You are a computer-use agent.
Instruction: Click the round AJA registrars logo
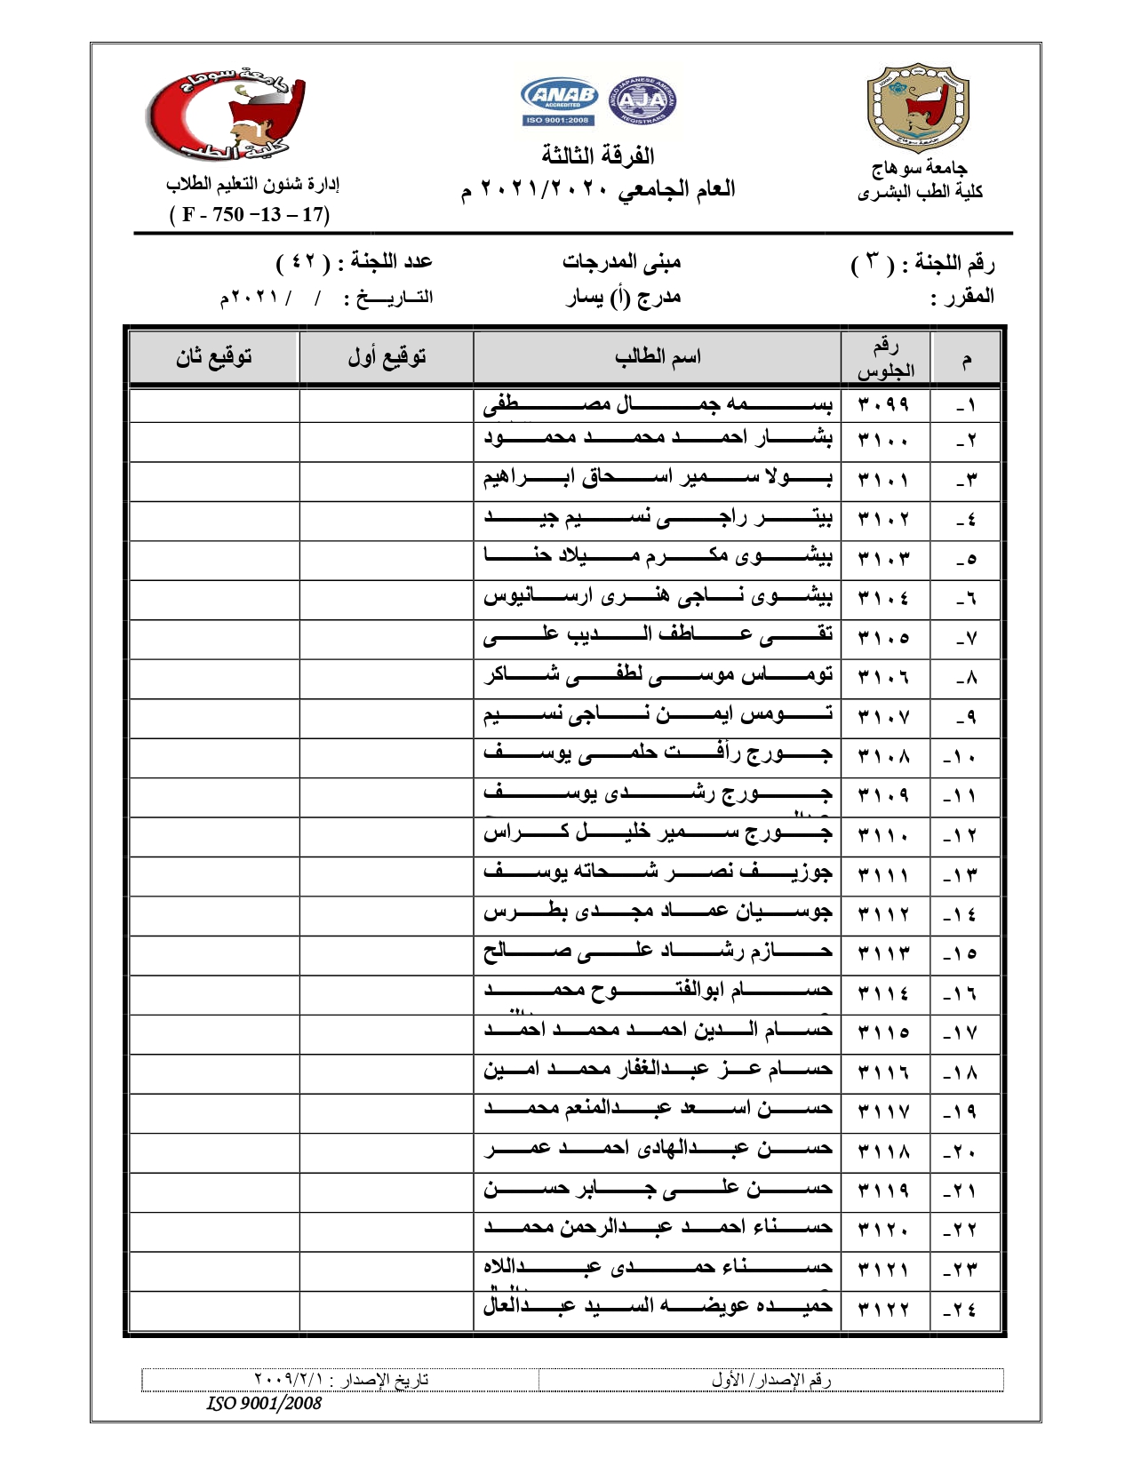click(x=642, y=100)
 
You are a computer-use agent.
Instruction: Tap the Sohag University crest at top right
click(x=918, y=108)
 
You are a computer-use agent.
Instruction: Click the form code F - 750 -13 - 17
click(x=250, y=214)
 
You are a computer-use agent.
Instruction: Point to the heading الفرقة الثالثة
click(x=598, y=155)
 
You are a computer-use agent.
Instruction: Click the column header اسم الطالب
click(x=658, y=357)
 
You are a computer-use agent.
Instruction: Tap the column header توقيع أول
click(x=387, y=357)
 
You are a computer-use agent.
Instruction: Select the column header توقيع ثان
click(x=214, y=357)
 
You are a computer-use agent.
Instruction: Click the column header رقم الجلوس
click(x=885, y=358)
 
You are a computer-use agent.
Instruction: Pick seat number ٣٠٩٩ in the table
click(x=884, y=405)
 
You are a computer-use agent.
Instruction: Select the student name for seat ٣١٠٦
click(x=658, y=676)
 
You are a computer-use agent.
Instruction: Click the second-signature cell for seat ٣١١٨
click(x=214, y=1151)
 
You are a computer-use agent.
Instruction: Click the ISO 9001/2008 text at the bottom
click(x=264, y=1404)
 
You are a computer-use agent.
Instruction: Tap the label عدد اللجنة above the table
click(x=391, y=261)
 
